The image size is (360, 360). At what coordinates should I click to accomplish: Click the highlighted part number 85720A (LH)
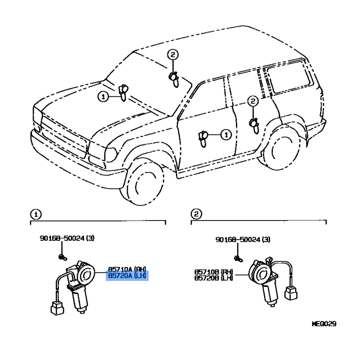[x=127, y=276]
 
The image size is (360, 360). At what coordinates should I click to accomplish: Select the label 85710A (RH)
[x=127, y=269]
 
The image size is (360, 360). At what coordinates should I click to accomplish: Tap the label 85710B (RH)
[x=213, y=272]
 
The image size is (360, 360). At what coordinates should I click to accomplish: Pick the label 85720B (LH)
[x=213, y=278]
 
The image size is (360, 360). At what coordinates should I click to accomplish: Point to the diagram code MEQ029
[x=324, y=324]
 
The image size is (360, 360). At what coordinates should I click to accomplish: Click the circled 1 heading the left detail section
[x=36, y=215]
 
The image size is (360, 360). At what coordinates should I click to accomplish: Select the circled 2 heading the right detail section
[x=196, y=214]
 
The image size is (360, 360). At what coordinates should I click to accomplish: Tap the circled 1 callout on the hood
[x=103, y=97]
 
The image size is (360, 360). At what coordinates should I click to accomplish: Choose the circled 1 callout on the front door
[x=226, y=135]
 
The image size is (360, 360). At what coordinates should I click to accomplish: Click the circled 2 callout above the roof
[x=173, y=54]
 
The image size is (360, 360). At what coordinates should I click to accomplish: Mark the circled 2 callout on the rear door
[x=253, y=101]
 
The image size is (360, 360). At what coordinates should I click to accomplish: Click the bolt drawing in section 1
[x=63, y=257]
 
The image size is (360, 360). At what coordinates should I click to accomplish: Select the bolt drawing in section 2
[x=238, y=259]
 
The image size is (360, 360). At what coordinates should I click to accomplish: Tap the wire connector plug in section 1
[x=57, y=308]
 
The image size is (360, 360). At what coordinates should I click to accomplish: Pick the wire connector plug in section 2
[x=291, y=294]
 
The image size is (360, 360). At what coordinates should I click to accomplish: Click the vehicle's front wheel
[x=142, y=181]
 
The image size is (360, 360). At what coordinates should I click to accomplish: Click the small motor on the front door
[x=203, y=139]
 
